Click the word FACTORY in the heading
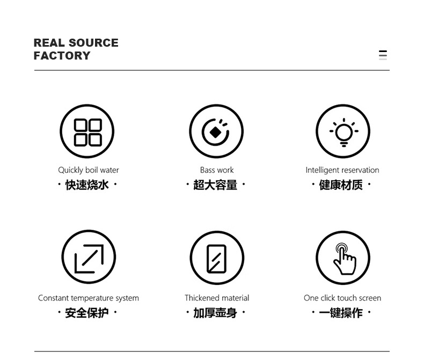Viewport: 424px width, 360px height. [62, 56]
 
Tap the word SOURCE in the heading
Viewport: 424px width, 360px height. [93, 43]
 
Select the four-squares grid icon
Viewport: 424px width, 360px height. [87, 131]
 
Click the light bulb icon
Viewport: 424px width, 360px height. [343, 131]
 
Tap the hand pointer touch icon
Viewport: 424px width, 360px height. [343, 258]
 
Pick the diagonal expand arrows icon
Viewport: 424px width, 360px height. [89, 258]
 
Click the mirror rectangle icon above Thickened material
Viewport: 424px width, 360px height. [217, 258]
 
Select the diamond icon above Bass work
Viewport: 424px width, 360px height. [216, 131]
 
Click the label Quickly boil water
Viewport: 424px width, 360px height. [89, 170]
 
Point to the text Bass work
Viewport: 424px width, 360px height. [217, 170]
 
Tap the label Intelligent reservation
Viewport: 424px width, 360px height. [342, 170]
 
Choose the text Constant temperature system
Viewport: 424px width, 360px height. [89, 298]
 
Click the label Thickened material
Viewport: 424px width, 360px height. [217, 298]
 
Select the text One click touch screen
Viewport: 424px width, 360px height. [342, 298]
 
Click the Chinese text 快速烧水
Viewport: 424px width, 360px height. [87, 185]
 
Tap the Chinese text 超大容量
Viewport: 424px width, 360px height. [215, 185]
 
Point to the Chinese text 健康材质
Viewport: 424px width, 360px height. [341, 185]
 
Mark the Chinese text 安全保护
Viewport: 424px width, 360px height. [87, 313]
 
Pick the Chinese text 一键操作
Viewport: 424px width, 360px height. [341, 313]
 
